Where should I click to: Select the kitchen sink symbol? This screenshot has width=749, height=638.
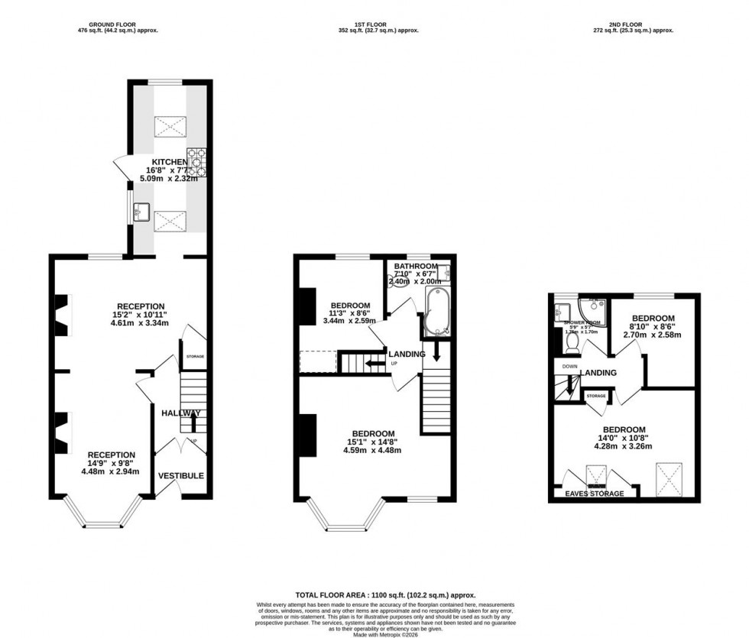pyautogui.click(x=141, y=212)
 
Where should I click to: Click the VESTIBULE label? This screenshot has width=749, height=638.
pyautogui.click(x=181, y=476)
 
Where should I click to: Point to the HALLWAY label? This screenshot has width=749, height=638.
pyautogui.click(x=181, y=413)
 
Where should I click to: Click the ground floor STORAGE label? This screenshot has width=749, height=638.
pyautogui.click(x=193, y=357)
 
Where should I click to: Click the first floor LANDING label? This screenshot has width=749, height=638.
pyautogui.click(x=407, y=355)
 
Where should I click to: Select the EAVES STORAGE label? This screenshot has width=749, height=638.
pyautogui.click(x=595, y=494)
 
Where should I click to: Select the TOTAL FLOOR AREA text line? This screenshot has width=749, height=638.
pyautogui.click(x=374, y=594)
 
